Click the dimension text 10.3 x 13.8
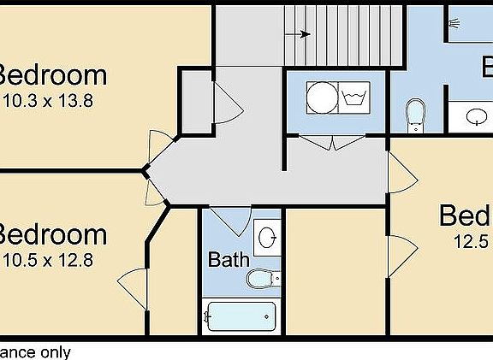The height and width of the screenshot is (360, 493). (x=48, y=101)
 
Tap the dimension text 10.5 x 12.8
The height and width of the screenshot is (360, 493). (x=48, y=261)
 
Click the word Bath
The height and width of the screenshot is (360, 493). (x=229, y=259)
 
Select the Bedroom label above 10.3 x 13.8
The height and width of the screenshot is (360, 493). (x=51, y=75)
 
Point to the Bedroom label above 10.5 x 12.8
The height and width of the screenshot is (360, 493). (x=51, y=235)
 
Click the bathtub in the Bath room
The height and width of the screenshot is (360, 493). (x=241, y=316)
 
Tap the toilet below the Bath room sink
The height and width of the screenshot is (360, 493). (x=261, y=278)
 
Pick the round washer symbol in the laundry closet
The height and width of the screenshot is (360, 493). (x=321, y=97)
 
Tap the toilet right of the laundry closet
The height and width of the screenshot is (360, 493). (x=416, y=115)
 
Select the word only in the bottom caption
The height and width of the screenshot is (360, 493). (x=54, y=352)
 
